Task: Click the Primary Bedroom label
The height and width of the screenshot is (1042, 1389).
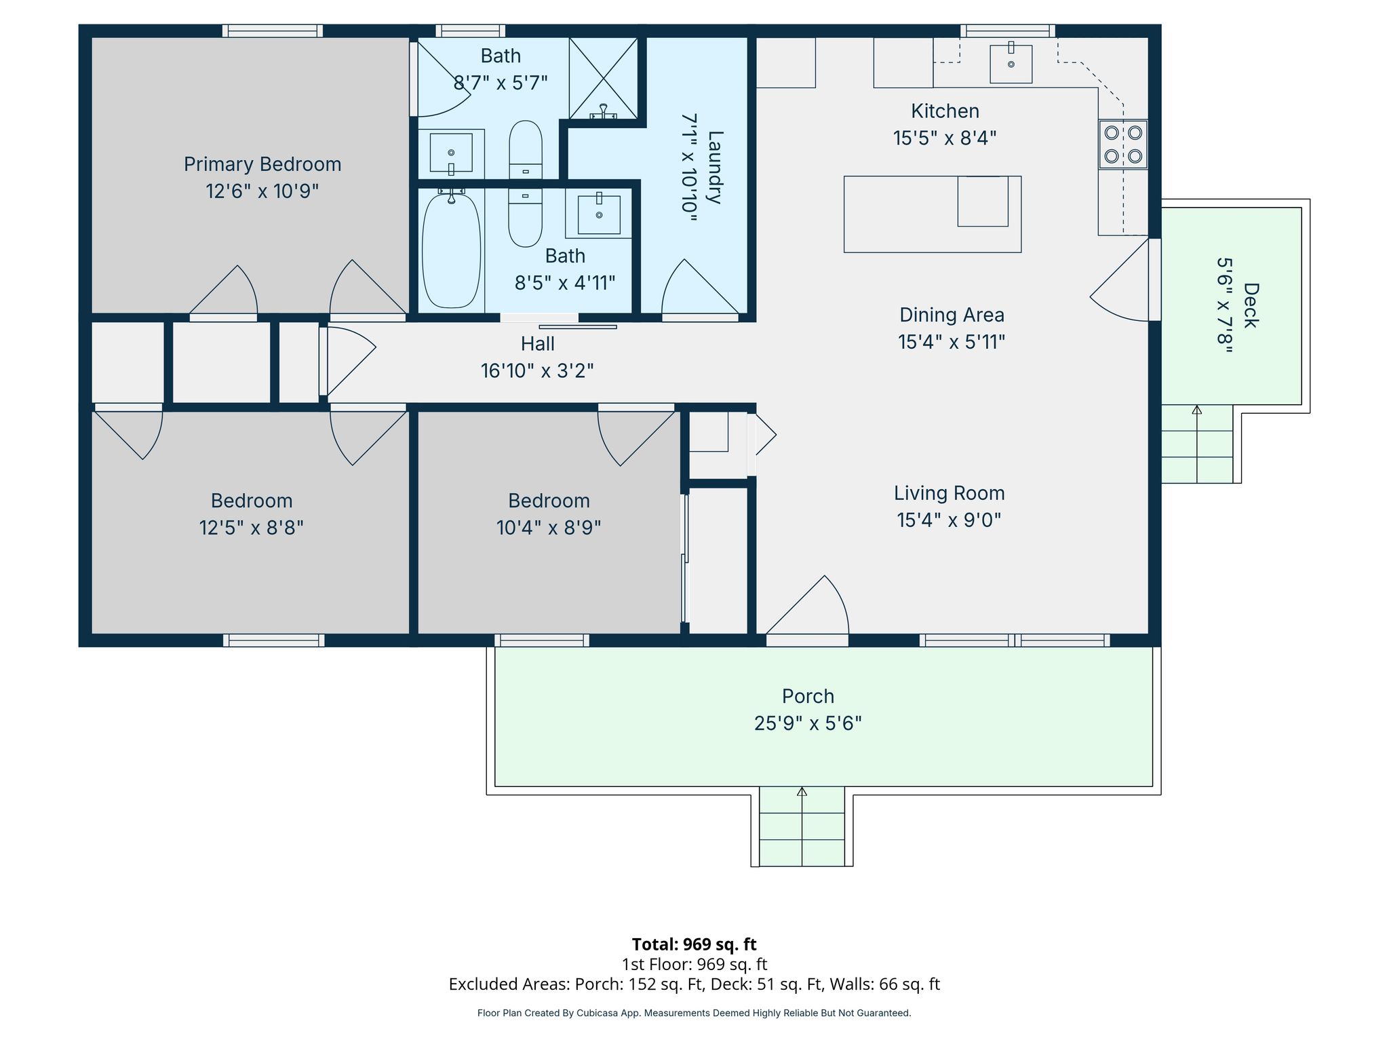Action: click(262, 164)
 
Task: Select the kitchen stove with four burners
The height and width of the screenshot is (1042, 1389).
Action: click(1122, 144)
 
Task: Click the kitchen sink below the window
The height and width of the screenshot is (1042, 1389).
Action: click(1011, 64)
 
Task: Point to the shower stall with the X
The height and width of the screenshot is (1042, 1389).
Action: click(603, 79)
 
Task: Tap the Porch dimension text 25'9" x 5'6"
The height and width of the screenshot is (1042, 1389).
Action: click(808, 723)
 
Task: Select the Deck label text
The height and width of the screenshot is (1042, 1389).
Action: click(1251, 305)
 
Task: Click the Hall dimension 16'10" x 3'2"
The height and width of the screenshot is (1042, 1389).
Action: click(537, 371)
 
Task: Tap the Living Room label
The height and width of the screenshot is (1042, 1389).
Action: click(949, 493)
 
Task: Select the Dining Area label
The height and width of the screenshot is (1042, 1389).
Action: click(952, 315)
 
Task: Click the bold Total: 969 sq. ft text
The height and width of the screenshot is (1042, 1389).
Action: click(694, 944)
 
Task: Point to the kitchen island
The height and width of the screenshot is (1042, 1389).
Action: click(933, 214)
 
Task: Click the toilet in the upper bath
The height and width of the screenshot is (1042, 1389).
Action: click(526, 150)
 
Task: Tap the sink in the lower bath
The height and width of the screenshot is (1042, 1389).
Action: click(599, 214)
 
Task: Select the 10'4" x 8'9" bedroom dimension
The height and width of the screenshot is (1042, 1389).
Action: click(549, 528)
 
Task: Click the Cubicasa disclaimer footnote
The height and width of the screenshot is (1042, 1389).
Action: click(694, 1013)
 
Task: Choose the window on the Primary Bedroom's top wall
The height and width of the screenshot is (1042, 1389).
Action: click(273, 31)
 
